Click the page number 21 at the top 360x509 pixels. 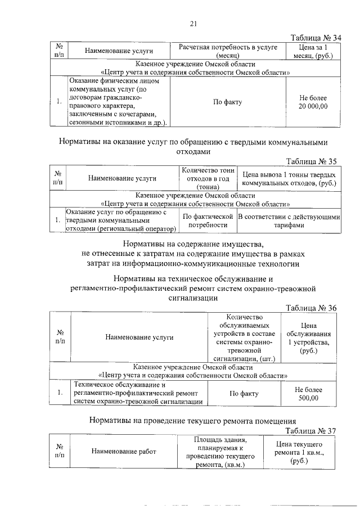point(193,23)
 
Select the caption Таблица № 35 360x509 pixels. point(311,161)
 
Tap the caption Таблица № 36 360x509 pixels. point(311,308)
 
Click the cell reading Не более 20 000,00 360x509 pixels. point(313,102)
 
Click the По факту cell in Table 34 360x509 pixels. point(227,102)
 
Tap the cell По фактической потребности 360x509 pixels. point(208,220)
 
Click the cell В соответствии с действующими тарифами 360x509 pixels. point(289,220)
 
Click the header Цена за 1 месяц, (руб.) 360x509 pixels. point(313,51)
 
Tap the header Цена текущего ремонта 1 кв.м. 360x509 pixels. point(301,452)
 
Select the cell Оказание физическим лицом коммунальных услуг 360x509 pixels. point(117,102)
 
